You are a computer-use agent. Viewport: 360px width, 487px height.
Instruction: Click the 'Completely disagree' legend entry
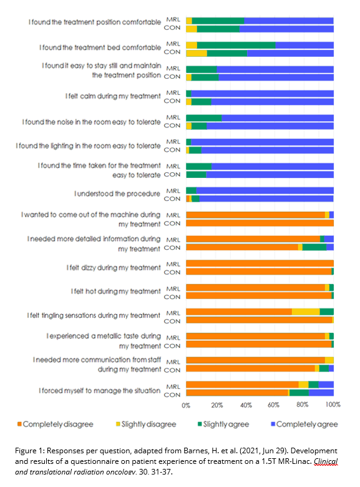[x=56, y=425]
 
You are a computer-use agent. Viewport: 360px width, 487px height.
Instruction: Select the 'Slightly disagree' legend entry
[x=146, y=425]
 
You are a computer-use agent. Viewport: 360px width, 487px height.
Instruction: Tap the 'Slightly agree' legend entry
[x=223, y=425]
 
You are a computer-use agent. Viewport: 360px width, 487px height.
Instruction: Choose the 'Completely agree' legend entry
[x=304, y=425]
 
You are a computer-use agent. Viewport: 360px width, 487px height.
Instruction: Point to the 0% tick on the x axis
[x=186, y=405]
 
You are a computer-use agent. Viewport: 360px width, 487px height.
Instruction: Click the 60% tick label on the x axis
[x=273, y=405]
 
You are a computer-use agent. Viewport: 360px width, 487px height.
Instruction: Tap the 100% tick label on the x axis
[x=333, y=405]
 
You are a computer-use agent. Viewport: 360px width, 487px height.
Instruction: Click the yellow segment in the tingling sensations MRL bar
[x=306, y=312]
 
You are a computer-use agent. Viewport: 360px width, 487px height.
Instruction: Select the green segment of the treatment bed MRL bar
[x=236, y=45]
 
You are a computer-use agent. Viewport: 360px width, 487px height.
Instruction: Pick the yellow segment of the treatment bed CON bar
[x=197, y=53]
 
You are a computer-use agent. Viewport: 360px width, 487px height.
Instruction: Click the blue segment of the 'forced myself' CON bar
[x=321, y=393]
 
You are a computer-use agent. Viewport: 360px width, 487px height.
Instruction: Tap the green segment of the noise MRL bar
[x=204, y=118]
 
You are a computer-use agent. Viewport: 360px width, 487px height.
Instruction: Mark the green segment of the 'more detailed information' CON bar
[x=314, y=247]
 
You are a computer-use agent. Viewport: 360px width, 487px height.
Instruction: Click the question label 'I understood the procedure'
[x=117, y=194]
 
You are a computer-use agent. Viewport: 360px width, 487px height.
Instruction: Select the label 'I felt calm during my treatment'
[x=113, y=96]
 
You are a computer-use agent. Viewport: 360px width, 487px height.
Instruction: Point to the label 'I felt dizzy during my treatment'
[x=114, y=268]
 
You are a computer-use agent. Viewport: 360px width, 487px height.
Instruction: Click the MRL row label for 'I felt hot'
[x=173, y=289]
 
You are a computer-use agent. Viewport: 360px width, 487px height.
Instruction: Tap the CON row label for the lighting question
[x=172, y=150]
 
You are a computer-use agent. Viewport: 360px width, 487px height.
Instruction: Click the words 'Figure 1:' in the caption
[x=30, y=451]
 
